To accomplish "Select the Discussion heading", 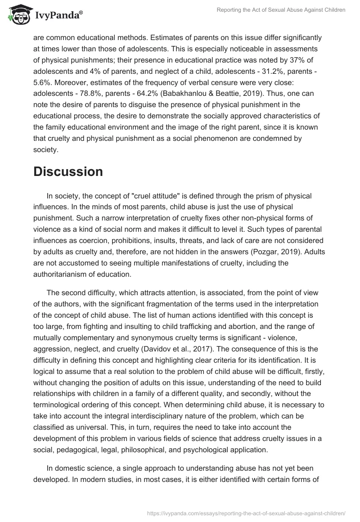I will [68, 171].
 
